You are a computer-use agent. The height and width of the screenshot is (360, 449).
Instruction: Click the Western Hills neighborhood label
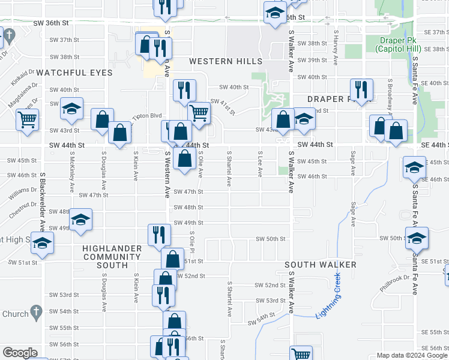tap(225, 62)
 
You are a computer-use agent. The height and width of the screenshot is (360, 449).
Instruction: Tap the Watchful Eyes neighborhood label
tap(74, 73)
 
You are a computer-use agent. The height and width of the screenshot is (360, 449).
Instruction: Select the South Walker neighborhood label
tap(321, 265)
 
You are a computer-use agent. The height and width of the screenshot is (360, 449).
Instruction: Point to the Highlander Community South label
tap(112, 257)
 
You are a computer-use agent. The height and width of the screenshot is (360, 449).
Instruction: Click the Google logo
tap(20, 353)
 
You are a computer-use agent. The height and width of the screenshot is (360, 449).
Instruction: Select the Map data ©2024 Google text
tap(411, 356)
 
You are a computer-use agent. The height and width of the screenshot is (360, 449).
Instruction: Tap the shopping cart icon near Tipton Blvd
tap(199, 112)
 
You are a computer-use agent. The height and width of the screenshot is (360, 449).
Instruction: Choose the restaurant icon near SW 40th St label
tap(184, 89)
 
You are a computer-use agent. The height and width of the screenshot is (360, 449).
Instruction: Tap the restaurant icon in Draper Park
tap(361, 90)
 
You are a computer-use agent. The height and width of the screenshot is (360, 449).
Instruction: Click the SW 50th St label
tap(271, 239)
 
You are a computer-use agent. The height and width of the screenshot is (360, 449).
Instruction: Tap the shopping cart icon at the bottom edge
tap(301, 355)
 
